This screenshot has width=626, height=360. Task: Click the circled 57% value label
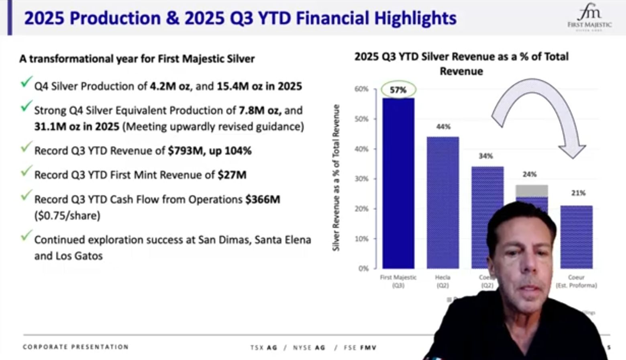(x=398, y=90)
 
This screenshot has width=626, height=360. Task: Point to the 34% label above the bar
(x=485, y=156)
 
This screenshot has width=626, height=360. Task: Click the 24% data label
(x=530, y=174)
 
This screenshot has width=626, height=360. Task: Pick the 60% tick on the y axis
(x=361, y=89)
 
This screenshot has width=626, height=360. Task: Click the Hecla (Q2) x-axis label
(x=442, y=281)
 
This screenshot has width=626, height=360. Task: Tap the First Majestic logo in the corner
(x=589, y=18)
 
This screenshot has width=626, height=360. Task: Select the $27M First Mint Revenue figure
(x=232, y=175)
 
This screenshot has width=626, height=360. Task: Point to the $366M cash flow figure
(x=263, y=199)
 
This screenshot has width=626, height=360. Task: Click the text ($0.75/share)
(x=67, y=216)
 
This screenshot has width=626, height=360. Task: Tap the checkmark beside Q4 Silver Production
(x=26, y=83)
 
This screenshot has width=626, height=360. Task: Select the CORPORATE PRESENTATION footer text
(x=75, y=347)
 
